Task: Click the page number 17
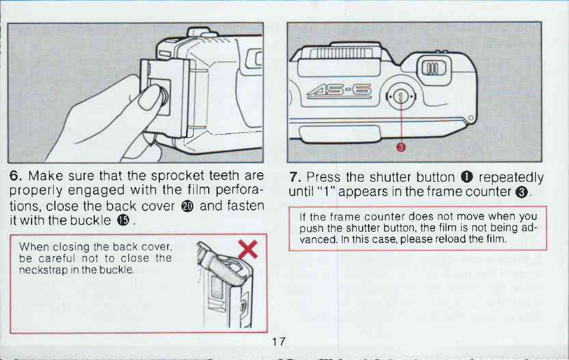[279, 342]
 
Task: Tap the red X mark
[248, 249]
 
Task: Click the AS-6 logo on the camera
[339, 91]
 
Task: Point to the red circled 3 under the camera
[401, 147]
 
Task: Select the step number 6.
[16, 176]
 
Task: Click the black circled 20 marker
[187, 206]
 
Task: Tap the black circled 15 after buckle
[123, 220]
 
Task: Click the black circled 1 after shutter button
[466, 177]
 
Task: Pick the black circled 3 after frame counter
[521, 192]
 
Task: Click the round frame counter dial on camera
[401, 97]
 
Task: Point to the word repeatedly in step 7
[511, 178]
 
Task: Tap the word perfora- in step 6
[240, 190]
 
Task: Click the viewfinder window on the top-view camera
[433, 68]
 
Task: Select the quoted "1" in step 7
[328, 191]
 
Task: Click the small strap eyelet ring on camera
[471, 118]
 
